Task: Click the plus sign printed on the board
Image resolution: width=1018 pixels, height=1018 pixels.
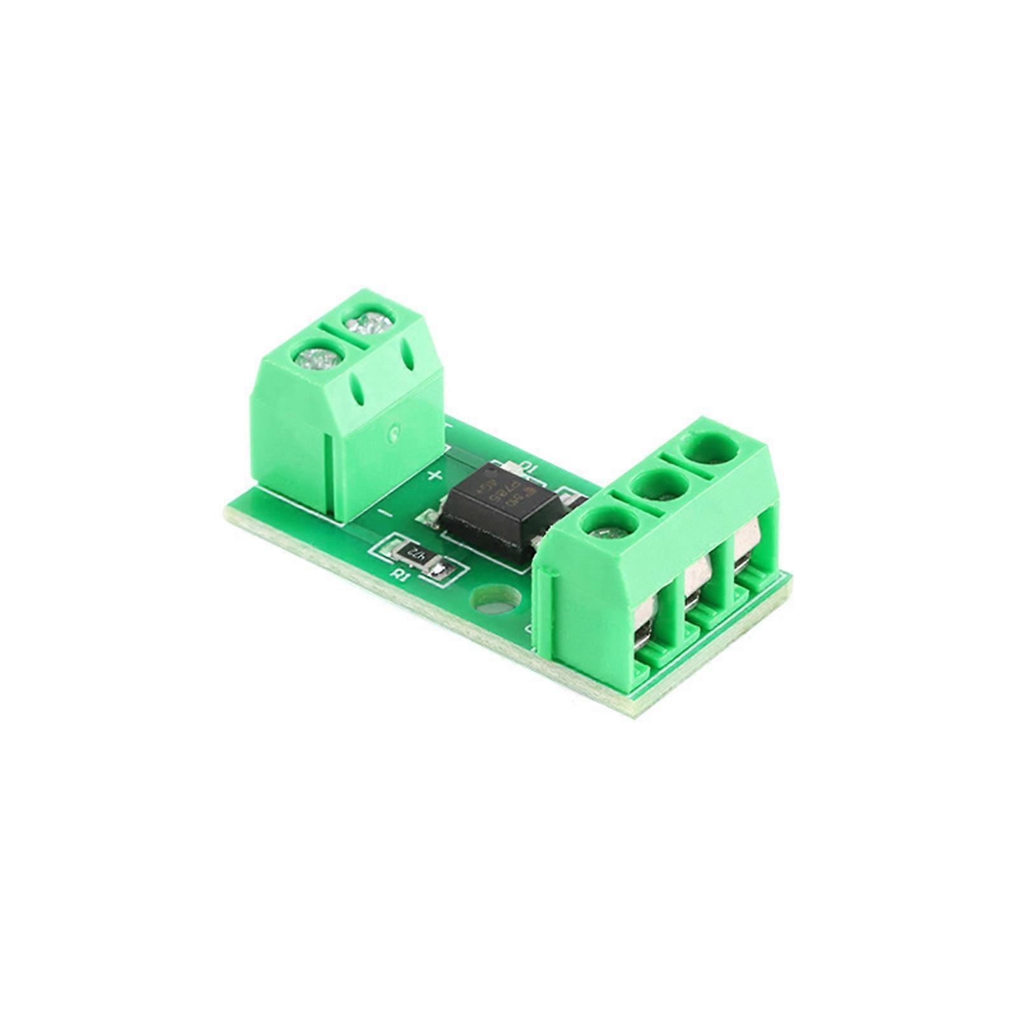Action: (436, 475)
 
